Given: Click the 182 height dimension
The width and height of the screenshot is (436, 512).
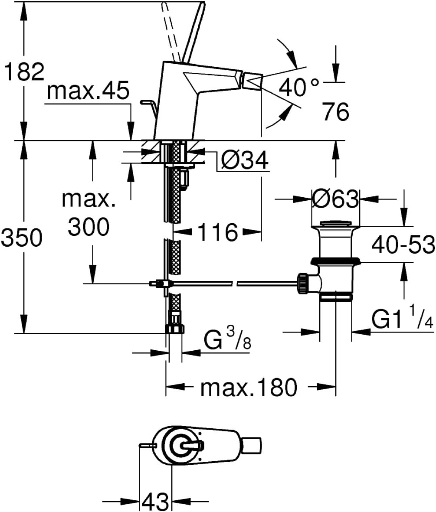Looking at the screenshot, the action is point(23,72).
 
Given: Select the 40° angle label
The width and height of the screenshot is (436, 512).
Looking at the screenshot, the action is point(299,87).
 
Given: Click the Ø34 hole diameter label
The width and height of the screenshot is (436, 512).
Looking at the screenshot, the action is point(245,160).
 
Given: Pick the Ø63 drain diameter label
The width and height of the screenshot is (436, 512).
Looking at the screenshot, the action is point(335,199).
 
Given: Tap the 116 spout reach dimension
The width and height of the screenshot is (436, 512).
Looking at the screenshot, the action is point(218,232).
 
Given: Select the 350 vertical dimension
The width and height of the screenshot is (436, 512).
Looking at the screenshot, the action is point(22,238).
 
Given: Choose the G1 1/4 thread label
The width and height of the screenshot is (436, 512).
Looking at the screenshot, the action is point(403,317).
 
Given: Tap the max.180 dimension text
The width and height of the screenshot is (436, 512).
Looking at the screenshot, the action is point(249,387).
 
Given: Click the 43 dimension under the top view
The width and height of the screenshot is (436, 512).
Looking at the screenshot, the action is point(155,502).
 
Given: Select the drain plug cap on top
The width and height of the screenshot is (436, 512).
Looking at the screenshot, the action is point(335,224).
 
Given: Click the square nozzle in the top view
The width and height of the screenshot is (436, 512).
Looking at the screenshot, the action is point(252,446).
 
